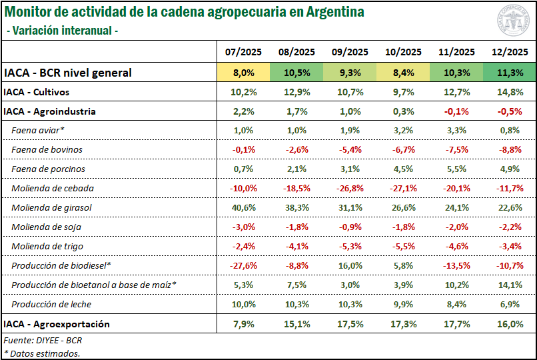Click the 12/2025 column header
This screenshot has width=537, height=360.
[510, 52]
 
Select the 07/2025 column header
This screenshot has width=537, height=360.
[243, 52]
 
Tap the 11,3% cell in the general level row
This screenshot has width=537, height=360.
[510, 73]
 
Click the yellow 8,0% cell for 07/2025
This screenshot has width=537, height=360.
[243, 73]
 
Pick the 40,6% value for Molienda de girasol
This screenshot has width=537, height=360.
[243, 208]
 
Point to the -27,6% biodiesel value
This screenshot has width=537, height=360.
[243, 266]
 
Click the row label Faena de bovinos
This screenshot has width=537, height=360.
[47, 150]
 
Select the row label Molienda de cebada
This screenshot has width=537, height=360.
[53, 189]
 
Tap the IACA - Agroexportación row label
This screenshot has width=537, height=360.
[57, 325]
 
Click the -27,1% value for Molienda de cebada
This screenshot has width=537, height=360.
[403, 189]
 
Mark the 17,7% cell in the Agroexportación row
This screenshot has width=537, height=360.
[456, 325]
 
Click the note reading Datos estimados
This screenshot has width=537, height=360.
[42, 353]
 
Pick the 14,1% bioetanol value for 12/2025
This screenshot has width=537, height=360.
[510, 285]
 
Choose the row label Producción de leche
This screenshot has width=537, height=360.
[51, 305]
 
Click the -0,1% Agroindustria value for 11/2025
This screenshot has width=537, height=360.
[456, 111]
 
